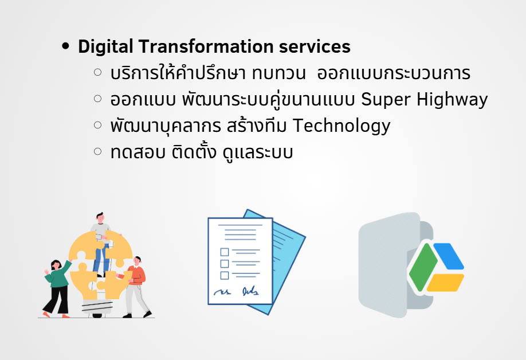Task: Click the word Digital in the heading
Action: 105,46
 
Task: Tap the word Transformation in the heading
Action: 206,46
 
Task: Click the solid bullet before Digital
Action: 66,46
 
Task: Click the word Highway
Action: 452,100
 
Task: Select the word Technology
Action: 341,126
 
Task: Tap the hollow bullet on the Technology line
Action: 97,125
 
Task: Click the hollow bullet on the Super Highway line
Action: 97,99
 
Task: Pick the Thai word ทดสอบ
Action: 138,152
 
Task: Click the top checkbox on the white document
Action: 225,252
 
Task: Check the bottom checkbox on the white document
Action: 225,276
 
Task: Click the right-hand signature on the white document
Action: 250,291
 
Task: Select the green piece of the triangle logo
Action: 423,267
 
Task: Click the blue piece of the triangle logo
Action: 449,256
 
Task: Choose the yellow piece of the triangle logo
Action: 445,283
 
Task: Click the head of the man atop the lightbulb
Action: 100,217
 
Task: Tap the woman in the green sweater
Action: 57,288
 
